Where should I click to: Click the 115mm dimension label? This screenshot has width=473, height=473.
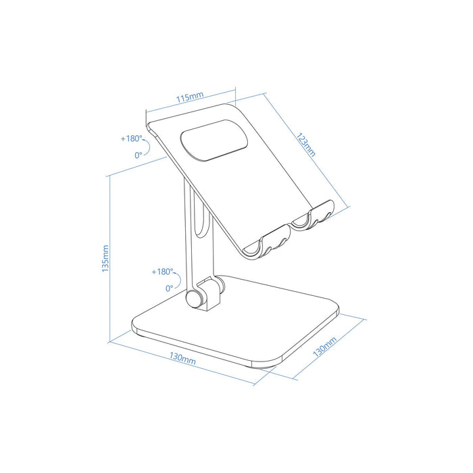click(x=190, y=98)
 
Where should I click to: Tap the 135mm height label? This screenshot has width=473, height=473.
click(x=103, y=257)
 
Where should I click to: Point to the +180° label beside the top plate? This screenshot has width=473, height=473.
click(x=132, y=139)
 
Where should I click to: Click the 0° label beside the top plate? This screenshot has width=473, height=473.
click(x=139, y=155)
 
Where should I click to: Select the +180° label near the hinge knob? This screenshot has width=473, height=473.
click(x=162, y=272)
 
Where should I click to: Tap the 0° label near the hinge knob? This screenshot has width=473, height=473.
click(x=169, y=288)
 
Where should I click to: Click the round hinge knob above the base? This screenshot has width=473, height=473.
click(x=197, y=297)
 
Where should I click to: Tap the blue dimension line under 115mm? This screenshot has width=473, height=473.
click(x=191, y=106)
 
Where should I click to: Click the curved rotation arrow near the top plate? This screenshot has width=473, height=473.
click(x=151, y=145)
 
